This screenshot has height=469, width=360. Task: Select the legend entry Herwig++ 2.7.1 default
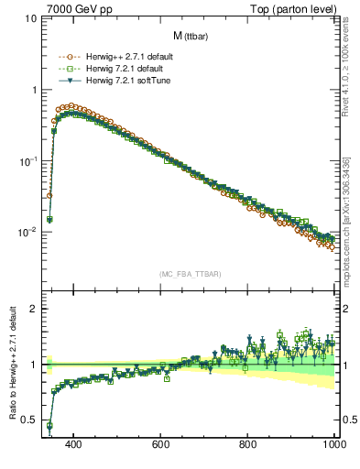click(x=127, y=57)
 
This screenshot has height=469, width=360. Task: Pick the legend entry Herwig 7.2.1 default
click(x=123, y=69)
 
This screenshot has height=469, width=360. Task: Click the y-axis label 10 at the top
click(x=31, y=19)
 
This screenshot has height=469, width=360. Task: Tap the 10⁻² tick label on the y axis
click(x=27, y=232)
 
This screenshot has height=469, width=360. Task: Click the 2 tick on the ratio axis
click(x=34, y=309)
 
